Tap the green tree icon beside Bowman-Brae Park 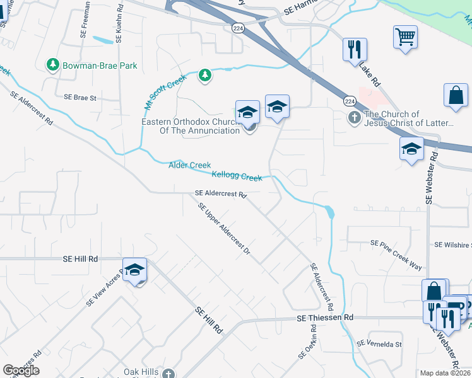52,64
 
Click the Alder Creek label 189,165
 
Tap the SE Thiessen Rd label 325,319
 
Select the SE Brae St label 80,98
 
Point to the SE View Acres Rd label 103,292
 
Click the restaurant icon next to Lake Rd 354,49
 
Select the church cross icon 355,117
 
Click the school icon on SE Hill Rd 134,270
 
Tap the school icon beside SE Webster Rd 411,149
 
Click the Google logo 21,370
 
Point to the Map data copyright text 445,373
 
